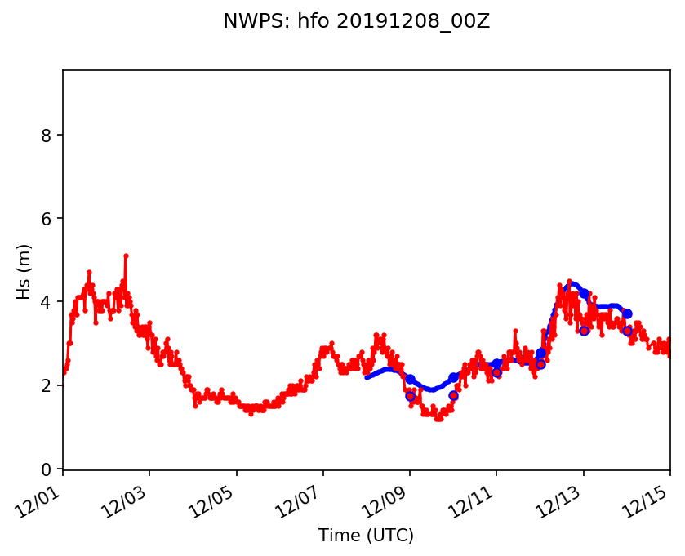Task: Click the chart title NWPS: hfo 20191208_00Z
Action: point(356,22)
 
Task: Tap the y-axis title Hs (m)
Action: point(24,271)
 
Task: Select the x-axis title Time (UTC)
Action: point(366,536)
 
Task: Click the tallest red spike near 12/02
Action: point(126,256)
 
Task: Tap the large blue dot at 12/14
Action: point(627,314)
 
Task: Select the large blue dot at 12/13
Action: point(584,293)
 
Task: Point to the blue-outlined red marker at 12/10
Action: point(453,395)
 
